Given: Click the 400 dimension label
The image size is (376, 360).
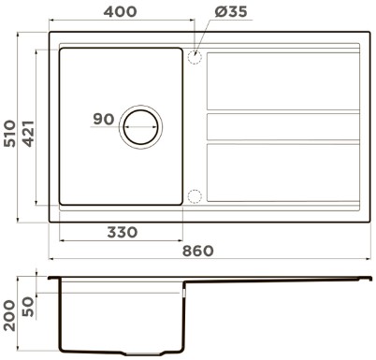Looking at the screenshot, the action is click(120, 12).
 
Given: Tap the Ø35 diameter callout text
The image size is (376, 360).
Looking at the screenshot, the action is click(231, 12).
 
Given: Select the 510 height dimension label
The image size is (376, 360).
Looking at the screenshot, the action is click(9, 133).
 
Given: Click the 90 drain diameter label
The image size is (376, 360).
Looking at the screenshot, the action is click(104, 119).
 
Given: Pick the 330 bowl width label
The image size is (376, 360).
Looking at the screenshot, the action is click(123, 232).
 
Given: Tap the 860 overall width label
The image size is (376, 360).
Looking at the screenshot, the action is click(198, 251).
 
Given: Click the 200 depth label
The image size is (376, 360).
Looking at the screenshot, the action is click(9, 315).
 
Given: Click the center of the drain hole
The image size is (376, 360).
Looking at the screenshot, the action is click(140, 127).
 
